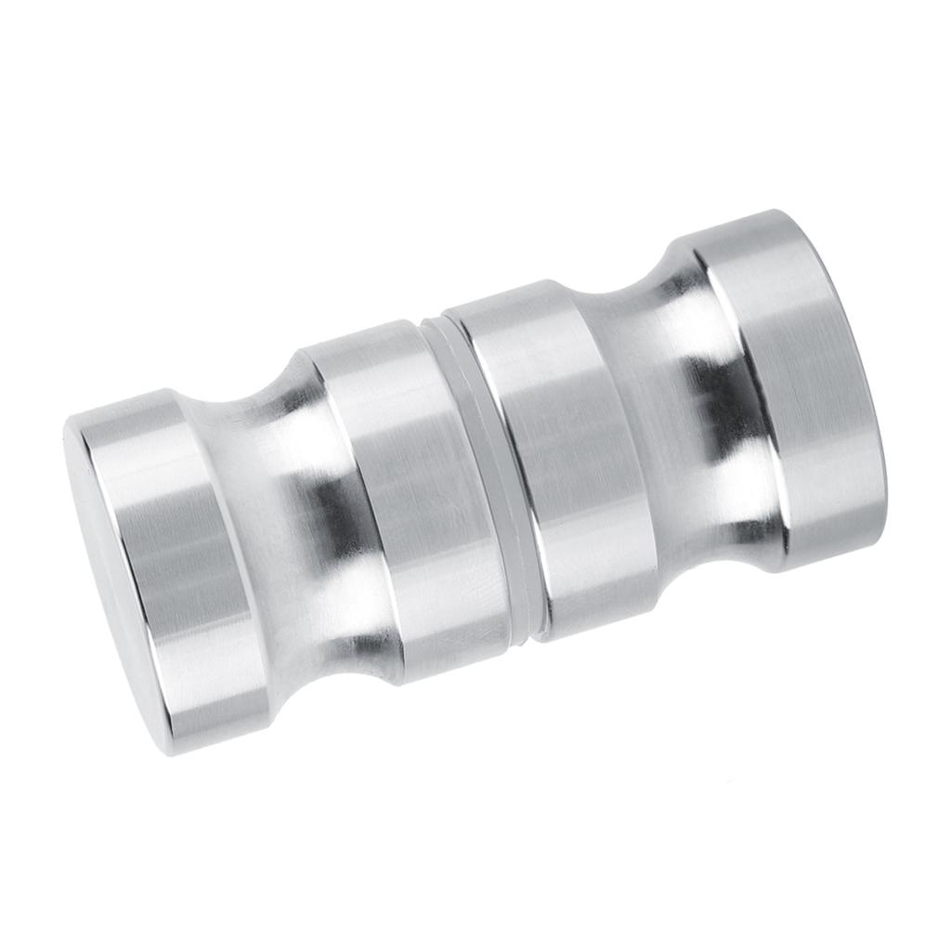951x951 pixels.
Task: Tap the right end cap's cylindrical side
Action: [799, 390]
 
